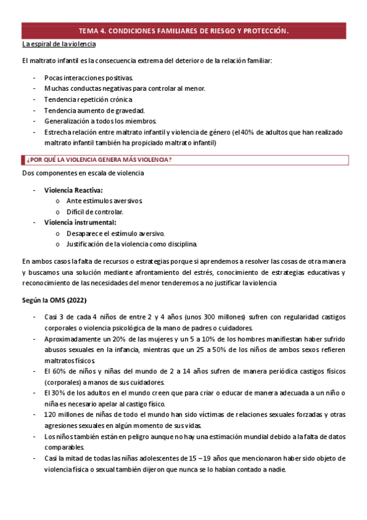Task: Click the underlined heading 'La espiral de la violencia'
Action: [x=58, y=45]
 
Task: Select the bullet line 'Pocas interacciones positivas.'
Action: [x=88, y=78]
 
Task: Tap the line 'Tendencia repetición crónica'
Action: [x=88, y=99]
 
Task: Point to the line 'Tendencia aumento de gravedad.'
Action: [x=94, y=110]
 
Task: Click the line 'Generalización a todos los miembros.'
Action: [x=100, y=121]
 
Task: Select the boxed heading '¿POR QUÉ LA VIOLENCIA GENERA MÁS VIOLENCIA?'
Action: [x=99, y=160]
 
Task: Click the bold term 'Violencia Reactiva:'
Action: [x=74, y=190]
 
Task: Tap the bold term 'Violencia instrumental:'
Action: [x=80, y=222]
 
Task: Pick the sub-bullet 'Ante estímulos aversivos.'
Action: [x=105, y=201]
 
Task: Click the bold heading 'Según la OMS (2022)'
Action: [x=54, y=300]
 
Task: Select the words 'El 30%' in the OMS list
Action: [x=55, y=393]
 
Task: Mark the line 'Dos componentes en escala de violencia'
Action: [x=83, y=174]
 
